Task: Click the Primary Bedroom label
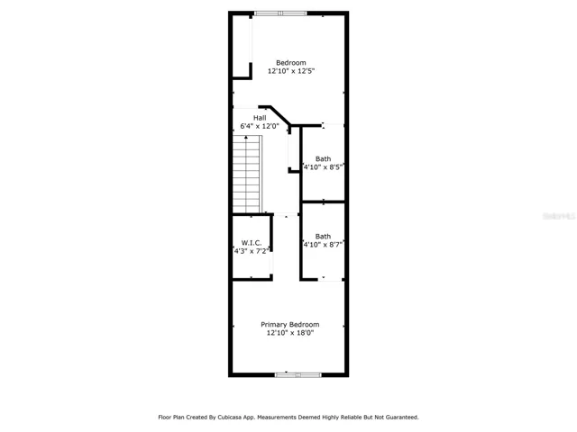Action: [x=290, y=324]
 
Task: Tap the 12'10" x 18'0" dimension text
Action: [x=290, y=333]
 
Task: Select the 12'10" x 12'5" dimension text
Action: [x=291, y=71]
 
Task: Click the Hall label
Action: [x=260, y=118]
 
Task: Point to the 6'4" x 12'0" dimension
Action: [x=260, y=126]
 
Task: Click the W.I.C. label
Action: [x=252, y=243]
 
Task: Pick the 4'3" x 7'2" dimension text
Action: [x=252, y=251]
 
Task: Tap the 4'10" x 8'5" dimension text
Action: [x=323, y=167]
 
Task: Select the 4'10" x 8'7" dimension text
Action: [x=323, y=245]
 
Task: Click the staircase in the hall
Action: [x=247, y=174]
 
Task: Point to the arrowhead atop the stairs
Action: [x=246, y=137]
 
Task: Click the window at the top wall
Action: [x=280, y=13]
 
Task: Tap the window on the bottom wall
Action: [x=298, y=374]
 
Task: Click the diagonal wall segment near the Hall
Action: [x=280, y=116]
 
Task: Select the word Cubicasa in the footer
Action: [x=228, y=418]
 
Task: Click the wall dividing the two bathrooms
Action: [x=323, y=202]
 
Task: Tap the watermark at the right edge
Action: [x=559, y=216]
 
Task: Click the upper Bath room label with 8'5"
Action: [x=323, y=158]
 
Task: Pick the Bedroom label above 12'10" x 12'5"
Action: [x=291, y=63]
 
